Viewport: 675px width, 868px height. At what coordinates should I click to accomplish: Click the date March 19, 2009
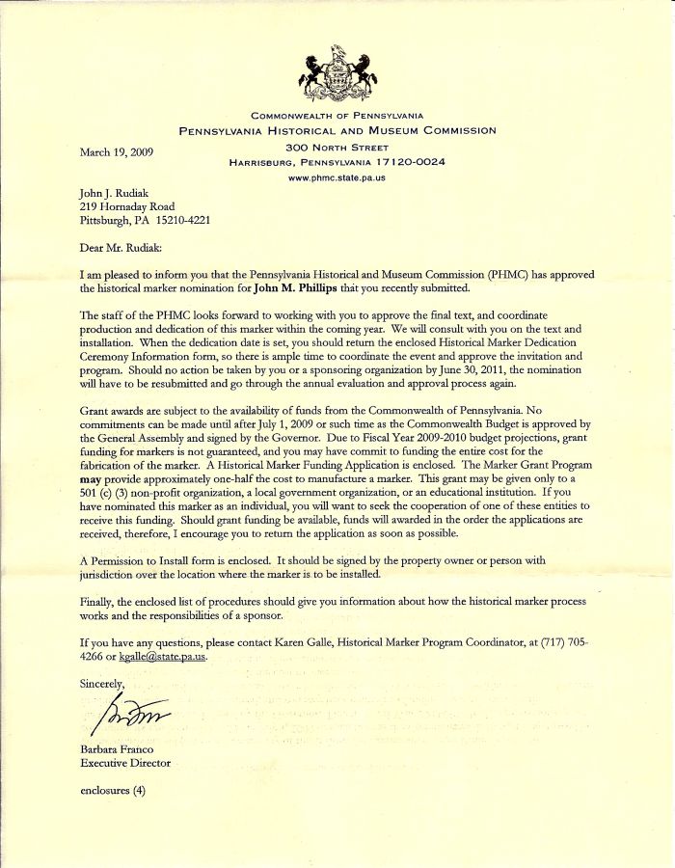pyautogui.click(x=117, y=151)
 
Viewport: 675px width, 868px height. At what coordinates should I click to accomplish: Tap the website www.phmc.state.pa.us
pyautogui.click(x=337, y=177)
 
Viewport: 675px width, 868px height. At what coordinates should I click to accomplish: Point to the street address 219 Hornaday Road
pyautogui.click(x=127, y=206)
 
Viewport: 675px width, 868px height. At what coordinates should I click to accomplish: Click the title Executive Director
pyautogui.click(x=125, y=763)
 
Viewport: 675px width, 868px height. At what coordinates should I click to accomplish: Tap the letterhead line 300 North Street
pyautogui.click(x=337, y=147)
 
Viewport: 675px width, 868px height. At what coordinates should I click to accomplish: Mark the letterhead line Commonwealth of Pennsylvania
pyautogui.click(x=337, y=116)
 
